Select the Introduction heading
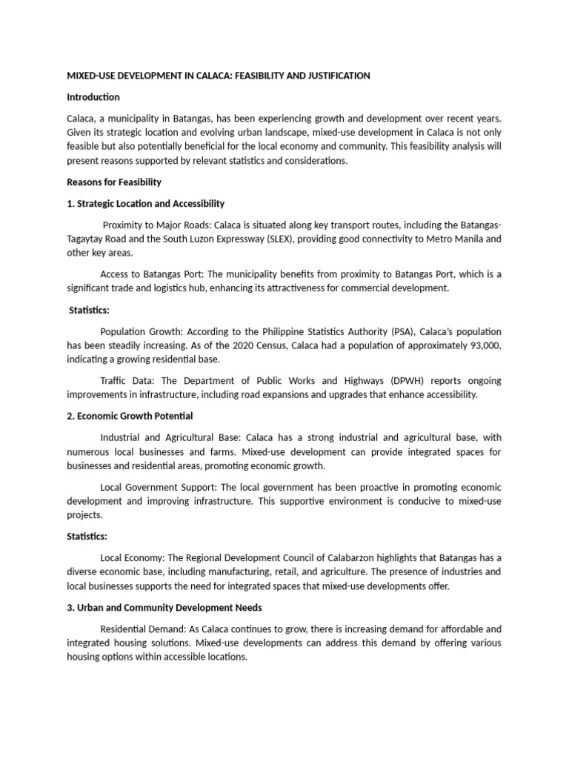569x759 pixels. click(93, 97)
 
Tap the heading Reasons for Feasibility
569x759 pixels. click(114, 182)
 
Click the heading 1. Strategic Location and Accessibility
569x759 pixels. click(146, 203)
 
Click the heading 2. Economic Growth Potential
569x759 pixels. click(130, 416)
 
